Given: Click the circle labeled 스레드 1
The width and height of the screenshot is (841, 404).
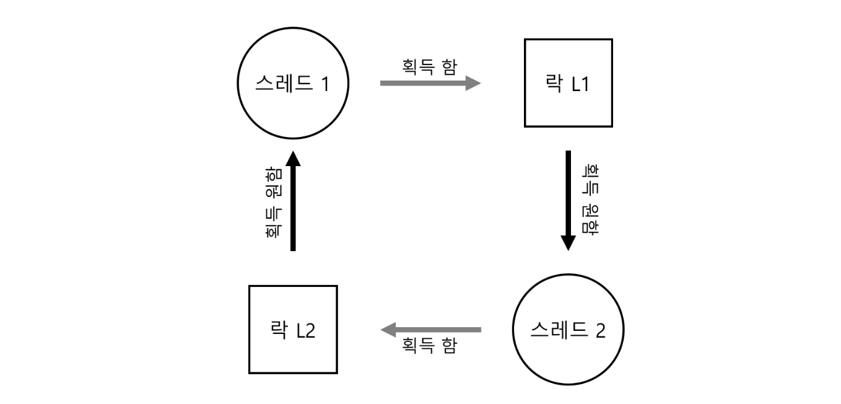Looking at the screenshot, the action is point(293,83).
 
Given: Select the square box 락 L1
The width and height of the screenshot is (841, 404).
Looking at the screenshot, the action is point(568,83).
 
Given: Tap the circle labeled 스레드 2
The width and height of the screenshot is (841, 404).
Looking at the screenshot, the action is point(569,330).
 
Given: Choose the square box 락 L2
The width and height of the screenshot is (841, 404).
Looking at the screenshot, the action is point(293,330).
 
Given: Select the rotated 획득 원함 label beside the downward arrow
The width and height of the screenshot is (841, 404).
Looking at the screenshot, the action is point(590,200).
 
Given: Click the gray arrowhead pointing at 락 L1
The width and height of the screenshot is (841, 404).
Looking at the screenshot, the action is point(473,83).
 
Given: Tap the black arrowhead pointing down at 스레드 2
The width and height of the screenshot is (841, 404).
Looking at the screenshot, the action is point(568,243).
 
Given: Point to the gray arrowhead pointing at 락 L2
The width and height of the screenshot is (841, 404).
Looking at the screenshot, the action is point(388,330).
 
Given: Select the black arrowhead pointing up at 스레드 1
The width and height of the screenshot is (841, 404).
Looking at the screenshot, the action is point(293,159).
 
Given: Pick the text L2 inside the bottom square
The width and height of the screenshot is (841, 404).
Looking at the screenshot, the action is point(305,330).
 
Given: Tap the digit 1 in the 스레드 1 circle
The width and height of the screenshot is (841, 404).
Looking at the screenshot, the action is point(325,84).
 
